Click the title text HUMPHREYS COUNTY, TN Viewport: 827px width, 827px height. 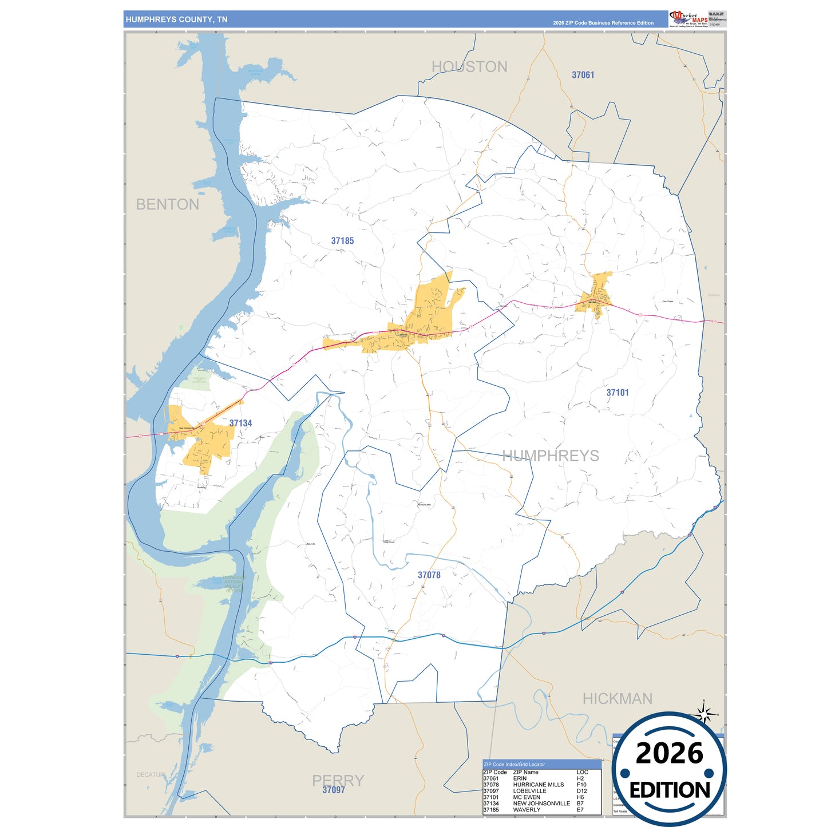176,19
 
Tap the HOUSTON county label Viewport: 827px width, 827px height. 469,67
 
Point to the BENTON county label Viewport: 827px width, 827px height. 168,204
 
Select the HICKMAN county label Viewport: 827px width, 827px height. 617,699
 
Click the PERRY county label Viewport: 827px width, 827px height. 338,780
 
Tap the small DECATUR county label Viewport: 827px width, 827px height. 150,775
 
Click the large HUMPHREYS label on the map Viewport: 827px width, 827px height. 551,456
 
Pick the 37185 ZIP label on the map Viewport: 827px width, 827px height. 342,241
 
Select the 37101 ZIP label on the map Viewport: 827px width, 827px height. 618,393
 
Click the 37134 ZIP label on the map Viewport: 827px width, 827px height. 240,424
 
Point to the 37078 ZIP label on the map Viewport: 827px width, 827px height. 429,575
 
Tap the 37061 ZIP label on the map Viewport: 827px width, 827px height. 583,75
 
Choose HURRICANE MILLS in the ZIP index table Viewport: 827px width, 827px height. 538,785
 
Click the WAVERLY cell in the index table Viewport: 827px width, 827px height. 527,810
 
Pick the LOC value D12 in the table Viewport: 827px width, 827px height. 581,791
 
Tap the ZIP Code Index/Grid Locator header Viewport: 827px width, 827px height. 514,764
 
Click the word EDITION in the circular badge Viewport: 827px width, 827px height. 669,790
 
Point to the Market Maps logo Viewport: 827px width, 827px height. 688,18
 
